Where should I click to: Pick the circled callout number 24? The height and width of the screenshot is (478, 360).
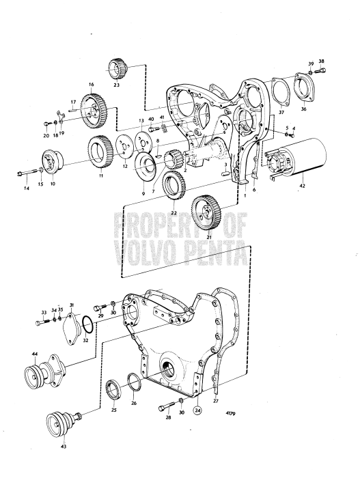(x=197, y=410)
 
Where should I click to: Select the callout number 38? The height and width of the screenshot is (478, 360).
(x=321, y=61)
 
